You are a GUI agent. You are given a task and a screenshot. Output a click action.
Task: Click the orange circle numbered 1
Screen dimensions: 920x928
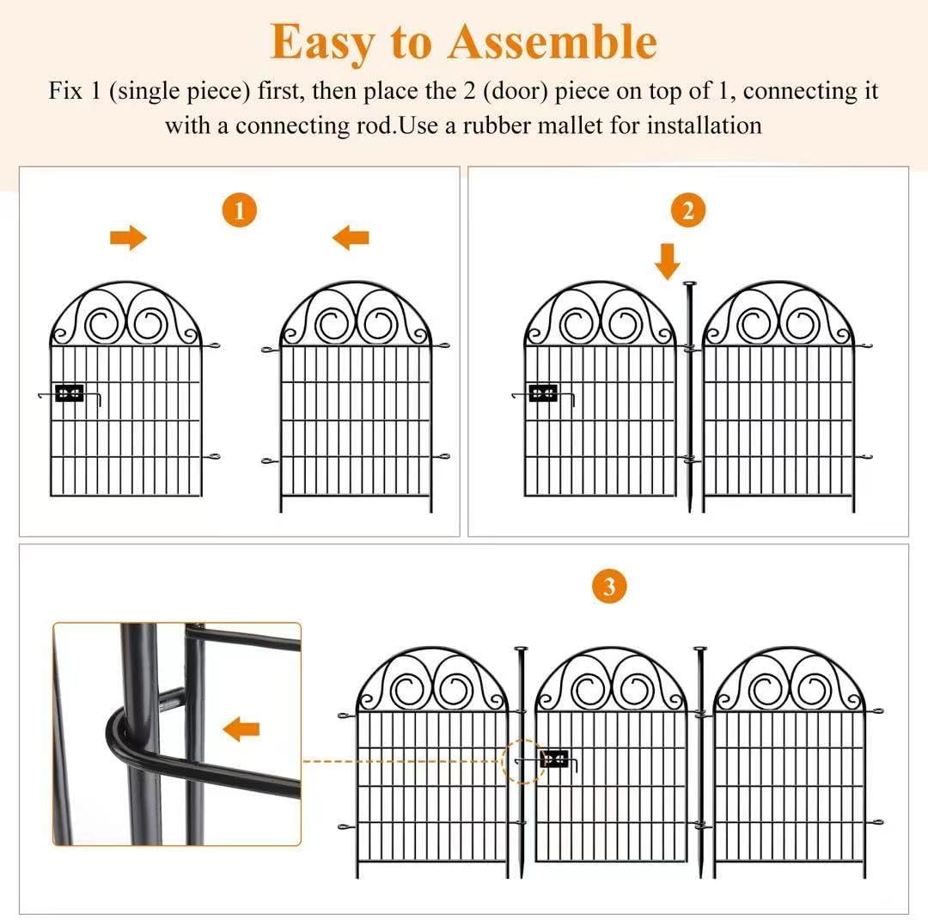(x=240, y=210)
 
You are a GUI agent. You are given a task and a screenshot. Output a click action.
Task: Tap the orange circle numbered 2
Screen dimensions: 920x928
(x=687, y=210)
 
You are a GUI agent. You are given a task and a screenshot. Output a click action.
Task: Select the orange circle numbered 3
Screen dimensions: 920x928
(x=609, y=587)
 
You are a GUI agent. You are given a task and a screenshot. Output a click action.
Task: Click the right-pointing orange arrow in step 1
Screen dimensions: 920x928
(x=129, y=238)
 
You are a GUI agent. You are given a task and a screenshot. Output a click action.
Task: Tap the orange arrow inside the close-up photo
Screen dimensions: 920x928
(x=241, y=730)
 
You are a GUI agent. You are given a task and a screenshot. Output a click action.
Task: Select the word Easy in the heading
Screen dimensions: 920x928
(x=324, y=41)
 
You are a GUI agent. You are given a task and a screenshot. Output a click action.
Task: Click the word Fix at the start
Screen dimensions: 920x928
(x=65, y=91)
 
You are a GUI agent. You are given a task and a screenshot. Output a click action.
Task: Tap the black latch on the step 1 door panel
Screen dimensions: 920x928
(x=69, y=393)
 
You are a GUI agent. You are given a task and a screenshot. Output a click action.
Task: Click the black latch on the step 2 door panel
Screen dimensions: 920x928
(x=542, y=393)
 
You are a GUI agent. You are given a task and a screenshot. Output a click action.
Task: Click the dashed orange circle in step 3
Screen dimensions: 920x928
(x=523, y=761)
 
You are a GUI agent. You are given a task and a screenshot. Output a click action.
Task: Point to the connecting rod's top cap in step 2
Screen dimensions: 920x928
(x=689, y=284)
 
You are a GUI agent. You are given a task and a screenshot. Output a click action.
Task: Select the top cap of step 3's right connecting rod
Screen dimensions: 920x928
(x=700, y=650)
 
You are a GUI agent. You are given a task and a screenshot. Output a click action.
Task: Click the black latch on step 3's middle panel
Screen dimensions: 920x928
(x=554, y=759)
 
